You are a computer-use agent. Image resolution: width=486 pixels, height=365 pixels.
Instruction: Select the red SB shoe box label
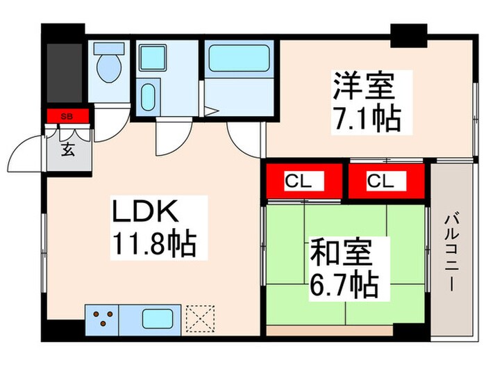(67, 116)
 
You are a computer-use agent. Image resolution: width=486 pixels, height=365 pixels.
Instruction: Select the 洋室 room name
(363, 88)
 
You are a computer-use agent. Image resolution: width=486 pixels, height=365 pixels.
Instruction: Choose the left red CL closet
(304, 182)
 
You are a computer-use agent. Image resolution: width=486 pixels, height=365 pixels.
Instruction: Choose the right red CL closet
(386, 182)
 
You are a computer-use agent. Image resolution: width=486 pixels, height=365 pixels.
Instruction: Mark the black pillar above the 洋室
(408, 35)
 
